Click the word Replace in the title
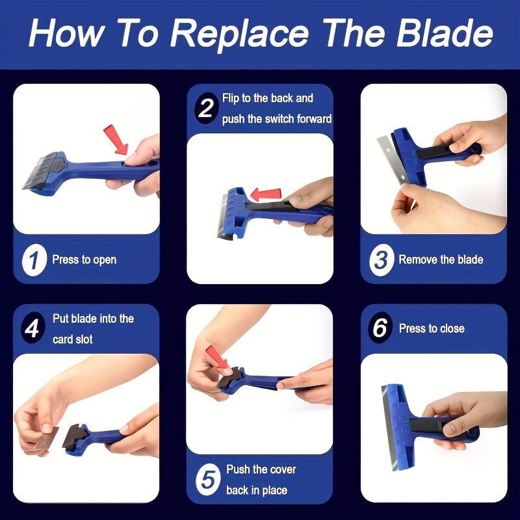(239, 34)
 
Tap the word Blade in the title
(445, 32)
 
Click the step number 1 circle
(34, 260)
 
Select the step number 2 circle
(206, 108)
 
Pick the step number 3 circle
(382, 260)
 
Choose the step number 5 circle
(208, 480)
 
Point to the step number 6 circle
(380, 328)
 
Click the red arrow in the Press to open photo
(116, 139)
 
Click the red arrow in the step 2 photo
(266, 194)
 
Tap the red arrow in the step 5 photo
(216, 357)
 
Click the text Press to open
(84, 259)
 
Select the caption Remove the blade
(441, 259)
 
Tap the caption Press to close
(432, 328)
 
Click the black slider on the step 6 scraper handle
(428, 425)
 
